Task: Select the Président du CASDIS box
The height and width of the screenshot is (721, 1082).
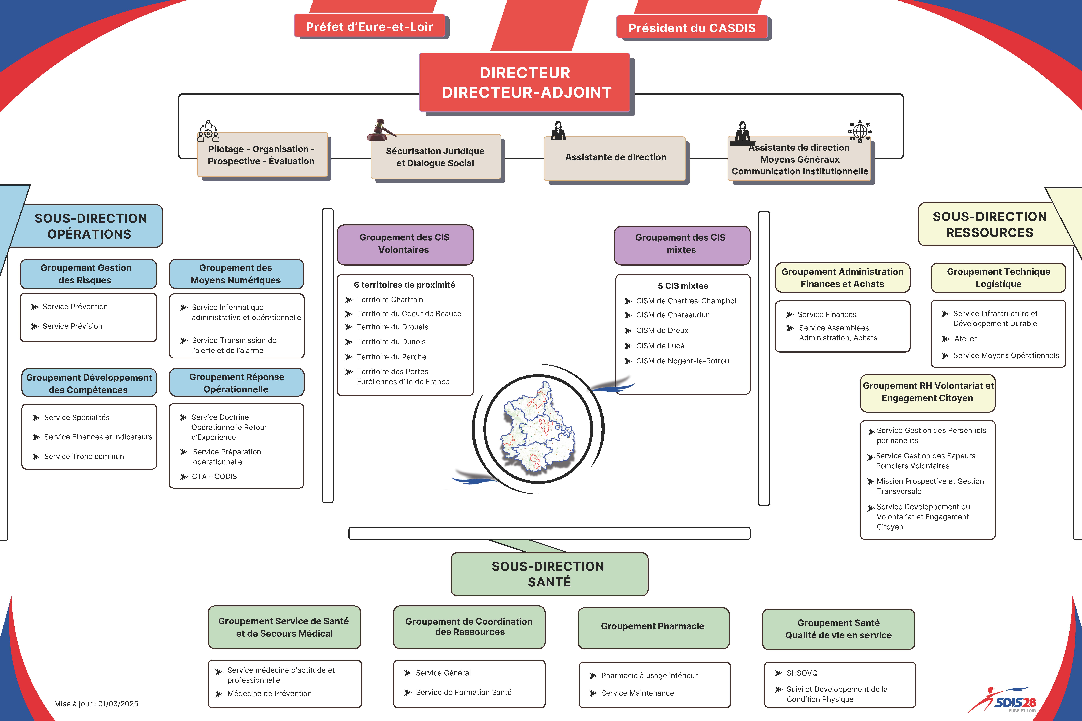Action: point(692,28)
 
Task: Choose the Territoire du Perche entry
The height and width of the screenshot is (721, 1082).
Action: point(391,357)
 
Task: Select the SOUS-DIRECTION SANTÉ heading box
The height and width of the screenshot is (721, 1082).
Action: point(549,574)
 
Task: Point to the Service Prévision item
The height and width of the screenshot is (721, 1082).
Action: point(72,326)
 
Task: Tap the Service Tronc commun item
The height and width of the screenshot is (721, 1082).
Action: point(84,456)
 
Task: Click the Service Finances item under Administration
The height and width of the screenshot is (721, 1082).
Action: point(827,314)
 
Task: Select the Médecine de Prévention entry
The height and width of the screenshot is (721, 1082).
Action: point(269,693)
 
